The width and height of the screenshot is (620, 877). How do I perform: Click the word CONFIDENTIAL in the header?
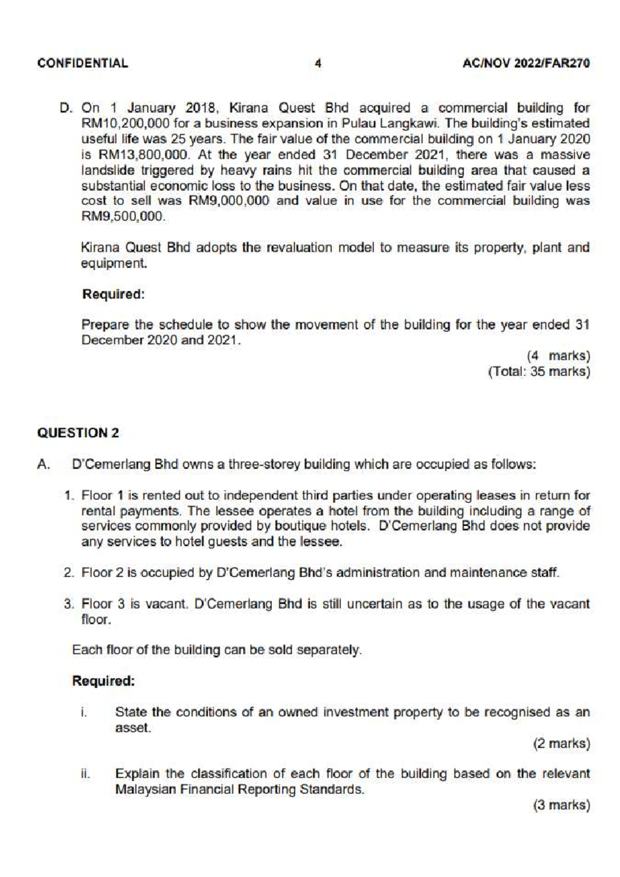click(x=83, y=64)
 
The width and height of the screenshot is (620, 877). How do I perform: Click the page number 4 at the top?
click(x=318, y=64)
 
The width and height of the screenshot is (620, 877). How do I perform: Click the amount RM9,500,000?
click(x=123, y=216)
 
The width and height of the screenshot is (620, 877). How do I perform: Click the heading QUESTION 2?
click(x=78, y=433)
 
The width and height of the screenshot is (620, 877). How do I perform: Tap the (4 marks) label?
click(x=558, y=356)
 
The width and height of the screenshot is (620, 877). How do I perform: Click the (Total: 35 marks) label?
click(x=539, y=371)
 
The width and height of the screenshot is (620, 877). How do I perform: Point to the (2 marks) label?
click(x=561, y=743)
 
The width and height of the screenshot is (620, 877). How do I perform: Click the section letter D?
click(x=66, y=108)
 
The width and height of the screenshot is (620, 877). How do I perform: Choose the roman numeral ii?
click(x=85, y=774)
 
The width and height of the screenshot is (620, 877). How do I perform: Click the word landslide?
click(x=107, y=170)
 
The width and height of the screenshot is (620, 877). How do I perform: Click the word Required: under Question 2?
click(x=103, y=681)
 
